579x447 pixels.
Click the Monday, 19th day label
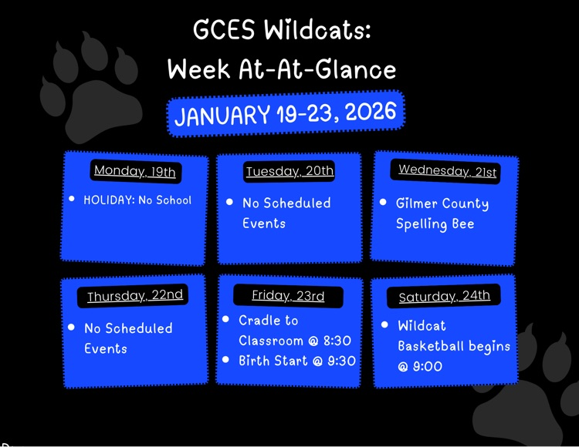click(x=135, y=171)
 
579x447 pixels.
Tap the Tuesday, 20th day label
click(x=289, y=171)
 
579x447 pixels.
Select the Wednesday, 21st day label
click(x=447, y=170)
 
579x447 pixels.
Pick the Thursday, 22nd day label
click(x=135, y=296)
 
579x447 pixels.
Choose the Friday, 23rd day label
click(x=288, y=296)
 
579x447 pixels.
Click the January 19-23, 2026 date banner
click(x=286, y=114)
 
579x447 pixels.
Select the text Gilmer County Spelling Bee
click(x=442, y=213)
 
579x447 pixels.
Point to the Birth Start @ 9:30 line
click(x=296, y=361)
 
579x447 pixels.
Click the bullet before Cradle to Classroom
click(x=225, y=319)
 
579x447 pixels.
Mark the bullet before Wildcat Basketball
click(x=384, y=325)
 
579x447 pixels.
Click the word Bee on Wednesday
click(x=462, y=224)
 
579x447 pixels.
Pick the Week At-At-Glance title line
click(x=282, y=70)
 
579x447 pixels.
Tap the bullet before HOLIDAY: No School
click(x=72, y=199)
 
